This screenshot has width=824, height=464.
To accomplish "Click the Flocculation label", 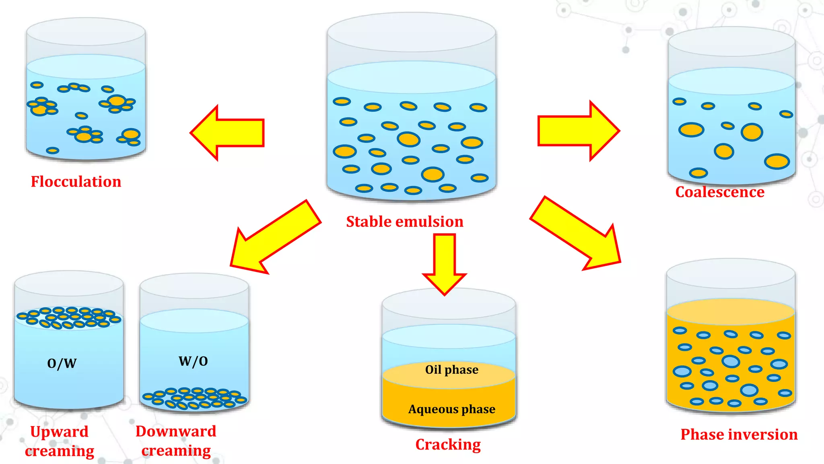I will click(x=76, y=182).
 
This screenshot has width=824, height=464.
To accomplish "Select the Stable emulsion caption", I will click(x=404, y=222).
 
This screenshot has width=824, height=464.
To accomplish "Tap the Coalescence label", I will click(x=719, y=192).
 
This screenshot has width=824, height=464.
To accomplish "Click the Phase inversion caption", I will click(x=739, y=434).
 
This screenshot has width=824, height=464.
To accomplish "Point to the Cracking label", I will click(x=448, y=445).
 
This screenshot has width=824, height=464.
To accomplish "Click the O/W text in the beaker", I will click(x=62, y=363).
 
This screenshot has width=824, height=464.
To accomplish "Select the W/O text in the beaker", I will click(x=193, y=361).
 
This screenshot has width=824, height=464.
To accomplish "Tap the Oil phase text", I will click(x=451, y=369).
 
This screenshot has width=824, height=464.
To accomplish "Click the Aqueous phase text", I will click(x=451, y=409).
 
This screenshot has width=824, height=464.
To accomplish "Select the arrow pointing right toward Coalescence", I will click(x=577, y=131).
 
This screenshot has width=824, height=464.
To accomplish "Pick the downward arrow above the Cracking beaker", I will click(x=444, y=264).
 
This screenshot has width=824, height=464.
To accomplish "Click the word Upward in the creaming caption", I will click(x=59, y=432).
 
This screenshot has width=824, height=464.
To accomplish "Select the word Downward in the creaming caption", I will click(x=176, y=431).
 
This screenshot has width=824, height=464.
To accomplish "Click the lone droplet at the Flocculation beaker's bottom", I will click(x=52, y=151).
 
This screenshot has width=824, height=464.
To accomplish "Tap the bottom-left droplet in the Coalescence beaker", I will click(x=698, y=173).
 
